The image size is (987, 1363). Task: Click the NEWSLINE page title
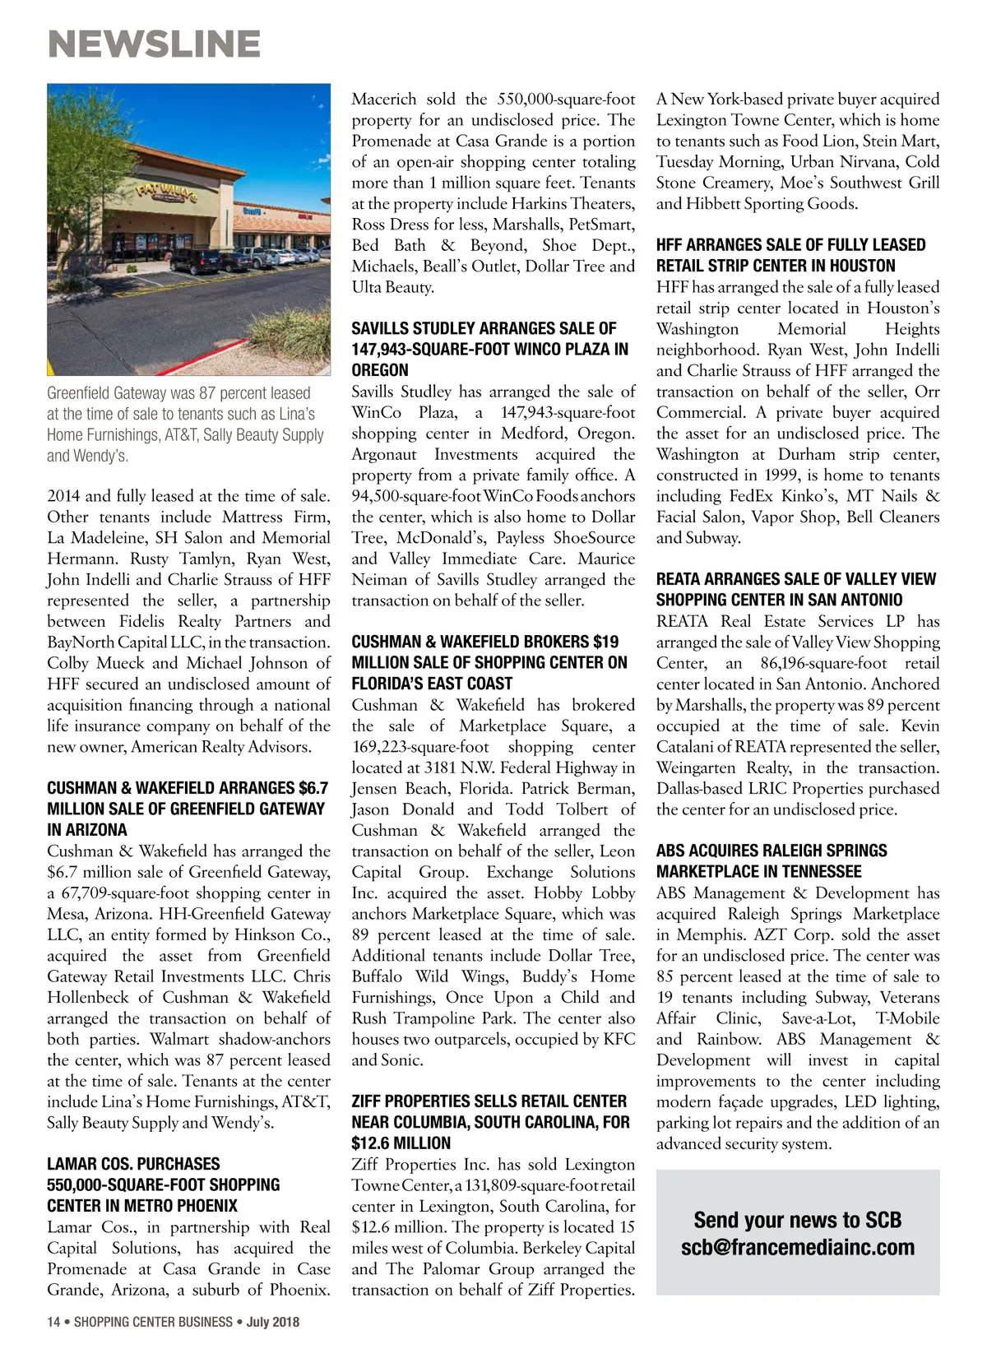(x=155, y=44)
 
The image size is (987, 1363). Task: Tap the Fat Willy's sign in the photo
(x=167, y=194)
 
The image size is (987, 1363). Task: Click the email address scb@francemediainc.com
(x=797, y=1247)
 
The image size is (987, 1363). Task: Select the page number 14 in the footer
(x=53, y=1322)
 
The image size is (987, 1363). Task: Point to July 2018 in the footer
(x=273, y=1322)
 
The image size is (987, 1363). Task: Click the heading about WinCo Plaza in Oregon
(x=490, y=349)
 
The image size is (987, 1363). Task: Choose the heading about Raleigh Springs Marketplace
(x=772, y=861)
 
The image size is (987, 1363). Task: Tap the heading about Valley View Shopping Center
(x=795, y=589)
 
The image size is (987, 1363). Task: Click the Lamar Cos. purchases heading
(x=163, y=1185)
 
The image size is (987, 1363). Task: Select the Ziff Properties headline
(x=490, y=1122)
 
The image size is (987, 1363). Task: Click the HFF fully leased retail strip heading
(x=790, y=255)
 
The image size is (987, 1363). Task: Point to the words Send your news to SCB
(x=797, y=1219)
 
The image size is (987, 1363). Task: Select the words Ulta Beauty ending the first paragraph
(x=392, y=287)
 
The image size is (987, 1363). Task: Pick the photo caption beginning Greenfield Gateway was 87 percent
(x=185, y=424)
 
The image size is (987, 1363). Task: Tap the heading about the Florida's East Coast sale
(x=489, y=662)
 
